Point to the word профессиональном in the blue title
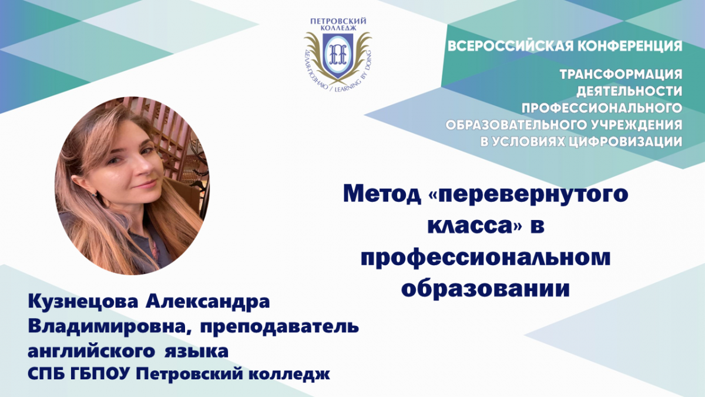point(486,258)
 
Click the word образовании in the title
point(486,288)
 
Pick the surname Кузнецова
point(83,302)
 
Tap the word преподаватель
point(280,327)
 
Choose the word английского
point(91,351)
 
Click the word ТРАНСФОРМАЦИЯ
point(621,75)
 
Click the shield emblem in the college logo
point(337,55)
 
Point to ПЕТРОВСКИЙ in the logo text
point(338,21)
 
